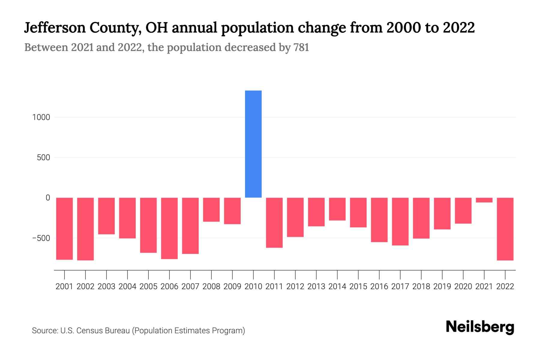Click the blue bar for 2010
click(253, 144)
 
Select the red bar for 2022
click(505, 229)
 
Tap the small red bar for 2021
click(484, 200)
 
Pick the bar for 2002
click(85, 229)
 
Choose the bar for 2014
click(337, 209)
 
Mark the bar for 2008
click(211, 210)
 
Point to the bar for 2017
click(400, 221)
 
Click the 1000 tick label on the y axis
click(41, 117)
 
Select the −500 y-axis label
click(41, 238)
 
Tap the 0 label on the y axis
click(48, 198)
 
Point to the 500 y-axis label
click(43, 157)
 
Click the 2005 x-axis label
click(148, 286)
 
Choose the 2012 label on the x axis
click(295, 286)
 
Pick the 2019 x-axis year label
click(442, 286)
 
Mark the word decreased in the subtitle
click(250, 47)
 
